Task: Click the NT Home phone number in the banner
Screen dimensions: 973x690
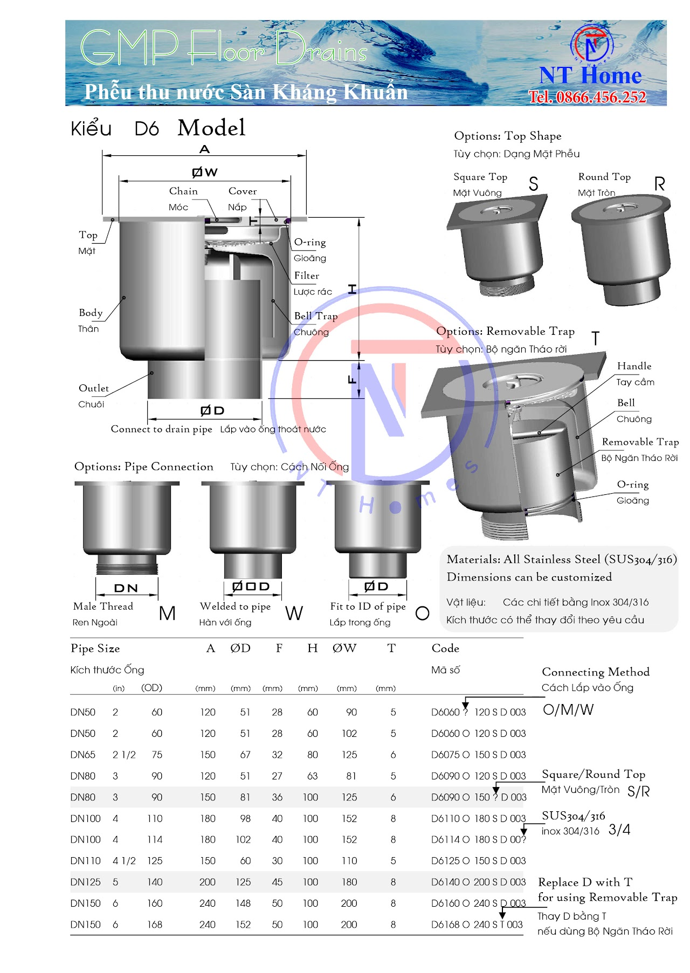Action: [x=587, y=97]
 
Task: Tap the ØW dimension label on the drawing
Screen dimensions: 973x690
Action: [x=205, y=172]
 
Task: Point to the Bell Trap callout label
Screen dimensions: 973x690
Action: [x=316, y=316]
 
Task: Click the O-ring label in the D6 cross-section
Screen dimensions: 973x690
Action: [x=310, y=242]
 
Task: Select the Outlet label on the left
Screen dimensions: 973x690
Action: [x=93, y=388]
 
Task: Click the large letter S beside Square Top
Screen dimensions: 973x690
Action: [x=534, y=184]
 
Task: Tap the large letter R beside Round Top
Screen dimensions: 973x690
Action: [x=659, y=184]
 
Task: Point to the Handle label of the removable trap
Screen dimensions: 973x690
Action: [x=634, y=366]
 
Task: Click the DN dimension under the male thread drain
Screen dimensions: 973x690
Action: [x=126, y=588]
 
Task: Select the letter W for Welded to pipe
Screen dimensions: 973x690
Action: [x=294, y=613]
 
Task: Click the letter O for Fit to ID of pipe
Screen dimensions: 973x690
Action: [x=423, y=613]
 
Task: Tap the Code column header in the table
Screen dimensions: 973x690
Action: [x=445, y=648]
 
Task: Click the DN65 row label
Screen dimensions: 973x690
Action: [x=82, y=755]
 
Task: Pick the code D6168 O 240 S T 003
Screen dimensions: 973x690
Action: [x=477, y=924]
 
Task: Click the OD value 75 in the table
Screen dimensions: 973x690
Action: [x=157, y=755]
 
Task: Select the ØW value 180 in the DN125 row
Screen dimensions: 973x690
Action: [x=349, y=882]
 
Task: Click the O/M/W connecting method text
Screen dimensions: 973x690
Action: [x=568, y=710]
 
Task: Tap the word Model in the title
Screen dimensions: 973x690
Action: [x=211, y=128]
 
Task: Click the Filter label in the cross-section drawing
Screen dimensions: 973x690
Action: [x=307, y=275]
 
